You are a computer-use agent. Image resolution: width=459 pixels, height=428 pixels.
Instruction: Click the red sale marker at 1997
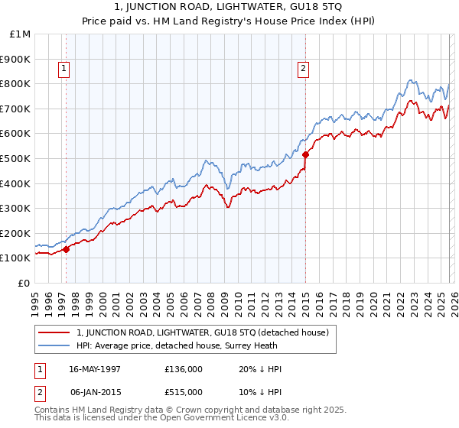coord(66,248)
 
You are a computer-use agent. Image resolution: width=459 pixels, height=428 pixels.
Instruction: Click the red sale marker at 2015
coord(305,154)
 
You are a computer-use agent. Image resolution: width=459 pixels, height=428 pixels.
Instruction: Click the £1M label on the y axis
coord(20,34)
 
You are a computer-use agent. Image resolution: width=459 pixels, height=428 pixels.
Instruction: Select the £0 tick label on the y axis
coord(24,283)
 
